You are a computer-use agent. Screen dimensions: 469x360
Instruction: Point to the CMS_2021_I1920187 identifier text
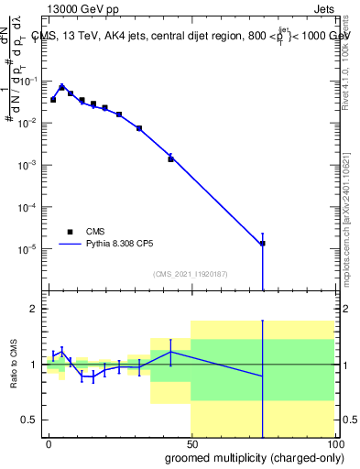190,273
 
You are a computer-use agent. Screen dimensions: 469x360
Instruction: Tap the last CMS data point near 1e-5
263,244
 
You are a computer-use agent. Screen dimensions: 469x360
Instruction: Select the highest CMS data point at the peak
61,88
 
